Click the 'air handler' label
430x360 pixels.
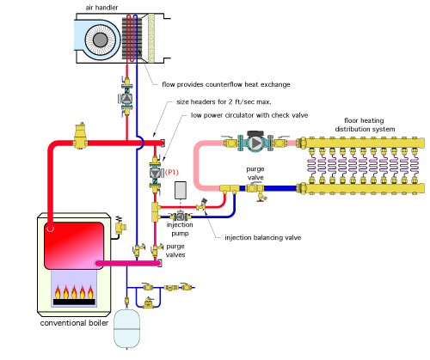point(101,8)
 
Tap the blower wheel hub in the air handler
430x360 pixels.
point(101,40)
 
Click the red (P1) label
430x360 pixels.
point(172,172)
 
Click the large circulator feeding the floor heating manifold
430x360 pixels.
point(255,143)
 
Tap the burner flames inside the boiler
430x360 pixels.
point(74,292)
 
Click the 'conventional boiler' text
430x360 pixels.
point(74,323)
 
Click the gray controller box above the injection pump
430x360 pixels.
point(181,190)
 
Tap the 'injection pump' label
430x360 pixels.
point(180,229)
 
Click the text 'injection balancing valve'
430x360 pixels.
point(263,237)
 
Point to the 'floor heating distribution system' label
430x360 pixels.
point(365,125)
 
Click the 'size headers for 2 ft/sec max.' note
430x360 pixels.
point(224,101)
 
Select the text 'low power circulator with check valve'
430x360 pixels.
point(249,115)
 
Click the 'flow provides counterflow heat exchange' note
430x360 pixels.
point(226,84)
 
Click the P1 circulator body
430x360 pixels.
point(155,173)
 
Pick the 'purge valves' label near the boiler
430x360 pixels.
point(175,251)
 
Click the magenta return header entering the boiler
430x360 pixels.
point(127,263)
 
